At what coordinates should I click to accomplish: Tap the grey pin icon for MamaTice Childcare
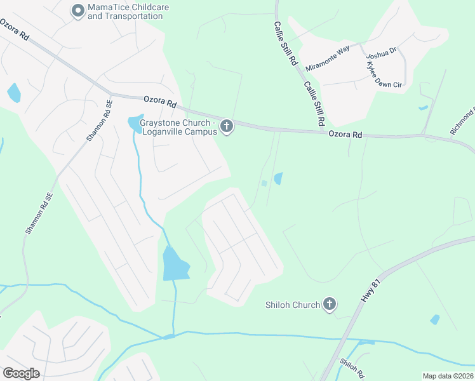(x=77, y=11)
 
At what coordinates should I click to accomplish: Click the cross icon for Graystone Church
(x=227, y=128)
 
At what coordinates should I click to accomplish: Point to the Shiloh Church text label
(x=292, y=305)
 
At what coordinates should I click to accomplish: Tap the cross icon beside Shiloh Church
(x=329, y=305)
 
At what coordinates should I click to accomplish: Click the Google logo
(x=21, y=373)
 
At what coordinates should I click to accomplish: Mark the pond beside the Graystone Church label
(x=135, y=124)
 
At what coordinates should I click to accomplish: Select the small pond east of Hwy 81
(x=434, y=319)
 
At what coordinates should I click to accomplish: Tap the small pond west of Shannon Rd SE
(x=13, y=93)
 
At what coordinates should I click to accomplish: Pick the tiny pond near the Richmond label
(x=423, y=108)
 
